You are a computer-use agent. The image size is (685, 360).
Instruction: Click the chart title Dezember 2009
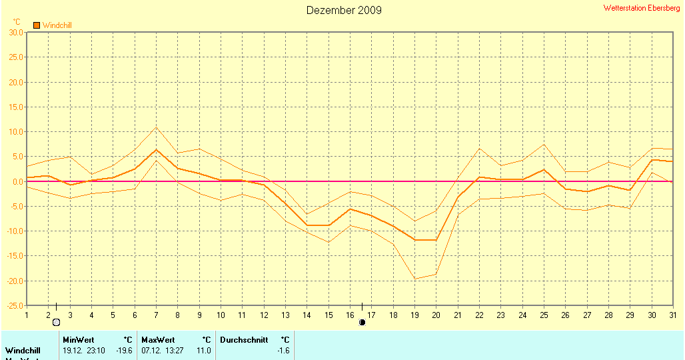(x=344, y=10)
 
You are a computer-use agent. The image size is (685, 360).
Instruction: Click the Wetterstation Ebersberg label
(x=642, y=8)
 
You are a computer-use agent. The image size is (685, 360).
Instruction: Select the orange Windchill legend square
(x=37, y=25)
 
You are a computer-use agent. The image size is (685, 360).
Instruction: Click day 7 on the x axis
(x=156, y=315)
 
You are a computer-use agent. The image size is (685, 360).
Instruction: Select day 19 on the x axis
(x=414, y=315)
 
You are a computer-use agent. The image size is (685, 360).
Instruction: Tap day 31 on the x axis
(x=672, y=315)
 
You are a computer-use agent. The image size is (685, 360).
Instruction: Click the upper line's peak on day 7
(x=156, y=127)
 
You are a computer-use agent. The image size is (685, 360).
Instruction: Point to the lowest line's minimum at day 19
(x=414, y=279)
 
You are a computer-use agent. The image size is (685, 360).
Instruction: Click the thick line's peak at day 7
(x=156, y=149)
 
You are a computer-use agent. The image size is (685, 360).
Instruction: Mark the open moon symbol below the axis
(x=57, y=323)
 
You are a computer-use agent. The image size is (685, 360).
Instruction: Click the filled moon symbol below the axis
(x=362, y=323)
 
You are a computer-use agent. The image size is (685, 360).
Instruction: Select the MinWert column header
(x=78, y=340)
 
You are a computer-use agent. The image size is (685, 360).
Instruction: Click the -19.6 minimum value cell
(x=124, y=350)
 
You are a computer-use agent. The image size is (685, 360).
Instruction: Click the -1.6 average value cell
(x=283, y=350)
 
